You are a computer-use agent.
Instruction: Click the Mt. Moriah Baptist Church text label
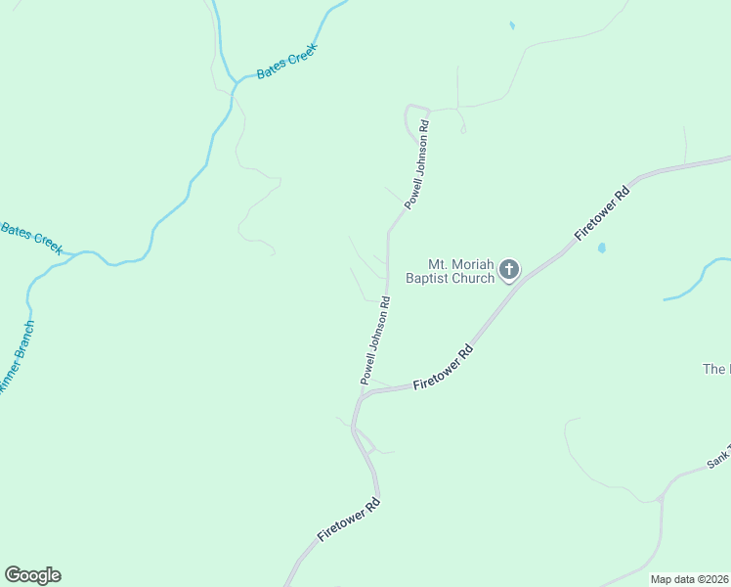pyautogui.click(x=461, y=271)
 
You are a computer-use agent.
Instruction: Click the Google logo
pyautogui.click(x=32, y=575)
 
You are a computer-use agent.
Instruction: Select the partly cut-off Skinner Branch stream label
pyautogui.click(x=15, y=358)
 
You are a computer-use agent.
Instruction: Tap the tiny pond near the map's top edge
pyautogui.click(x=511, y=25)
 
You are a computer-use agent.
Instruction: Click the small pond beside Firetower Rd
pyautogui.click(x=601, y=248)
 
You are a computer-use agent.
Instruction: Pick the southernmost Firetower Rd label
pyautogui.click(x=348, y=522)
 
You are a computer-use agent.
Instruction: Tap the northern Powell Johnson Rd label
pyautogui.click(x=417, y=164)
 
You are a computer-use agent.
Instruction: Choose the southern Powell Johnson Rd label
pyautogui.click(x=375, y=340)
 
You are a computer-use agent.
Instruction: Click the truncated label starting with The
pyautogui.click(x=716, y=369)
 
